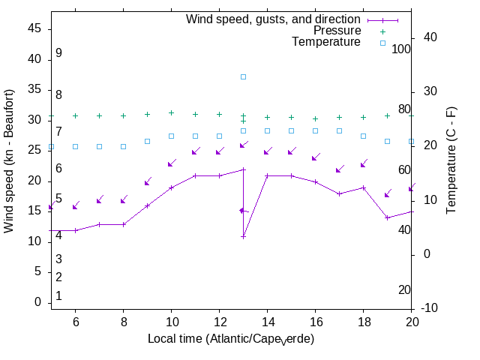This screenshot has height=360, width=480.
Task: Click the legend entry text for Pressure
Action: (337, 31)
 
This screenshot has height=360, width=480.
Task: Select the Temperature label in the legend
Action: (326, 42)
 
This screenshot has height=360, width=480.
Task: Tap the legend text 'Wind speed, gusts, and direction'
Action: (274, 19)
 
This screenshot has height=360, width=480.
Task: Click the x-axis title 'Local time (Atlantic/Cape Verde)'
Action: (231, 339)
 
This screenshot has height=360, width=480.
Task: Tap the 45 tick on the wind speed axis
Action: (34, 28)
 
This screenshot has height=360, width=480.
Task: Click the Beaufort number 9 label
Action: (58, 53)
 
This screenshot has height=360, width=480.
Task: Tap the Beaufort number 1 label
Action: (58, 296)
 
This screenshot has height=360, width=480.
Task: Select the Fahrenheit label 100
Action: (402, 49)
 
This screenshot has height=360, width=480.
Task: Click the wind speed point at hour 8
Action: (124, 224)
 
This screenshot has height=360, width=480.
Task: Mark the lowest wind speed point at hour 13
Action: (244, 236)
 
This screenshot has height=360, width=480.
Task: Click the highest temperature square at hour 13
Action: (244, 76)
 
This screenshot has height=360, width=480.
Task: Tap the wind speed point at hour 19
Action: (388, 217)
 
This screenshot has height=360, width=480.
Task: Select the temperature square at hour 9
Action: (148, 141)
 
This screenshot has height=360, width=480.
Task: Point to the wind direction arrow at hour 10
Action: (172, 163)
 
